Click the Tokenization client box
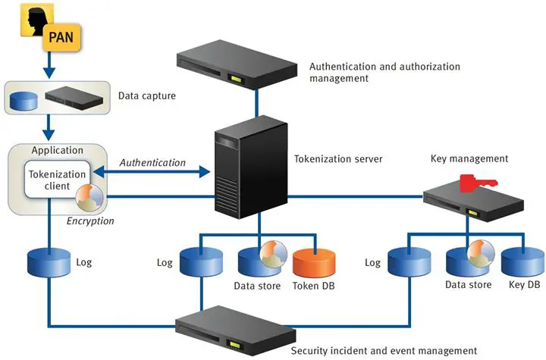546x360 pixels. click(x=58, y=180)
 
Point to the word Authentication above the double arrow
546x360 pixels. click(x=152, y=162)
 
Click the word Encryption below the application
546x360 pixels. click(x=90, y=221)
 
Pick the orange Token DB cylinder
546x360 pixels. click(x=313, y=260)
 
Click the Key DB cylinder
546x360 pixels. click(x=522, y=260)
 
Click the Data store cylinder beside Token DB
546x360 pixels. click(x=258, y=260)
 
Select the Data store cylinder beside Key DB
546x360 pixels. click(x=466, y=260)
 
